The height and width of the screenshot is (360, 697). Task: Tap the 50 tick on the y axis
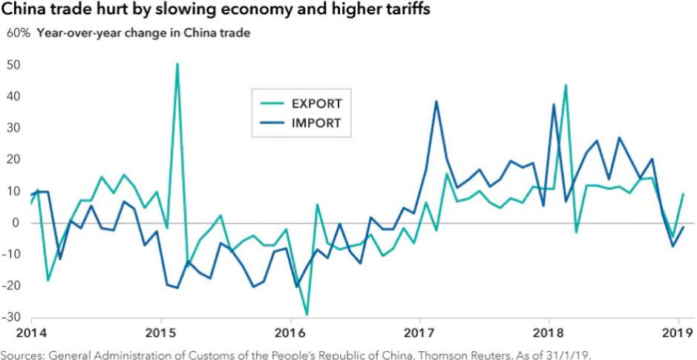click(13, 65)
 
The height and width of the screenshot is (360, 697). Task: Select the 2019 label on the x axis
click(678, 331)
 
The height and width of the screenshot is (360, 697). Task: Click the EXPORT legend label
click(316, 103)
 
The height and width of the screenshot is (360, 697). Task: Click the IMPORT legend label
click(315, 123)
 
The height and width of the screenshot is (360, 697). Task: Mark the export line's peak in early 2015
click(177, 65)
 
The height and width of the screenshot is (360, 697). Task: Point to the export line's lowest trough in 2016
click(307, 315)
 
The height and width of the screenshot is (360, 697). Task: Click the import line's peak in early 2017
click(436, 102)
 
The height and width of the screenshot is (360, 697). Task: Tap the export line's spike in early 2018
click(566, 85)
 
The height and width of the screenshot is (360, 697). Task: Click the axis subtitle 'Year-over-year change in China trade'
click(144, 33)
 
